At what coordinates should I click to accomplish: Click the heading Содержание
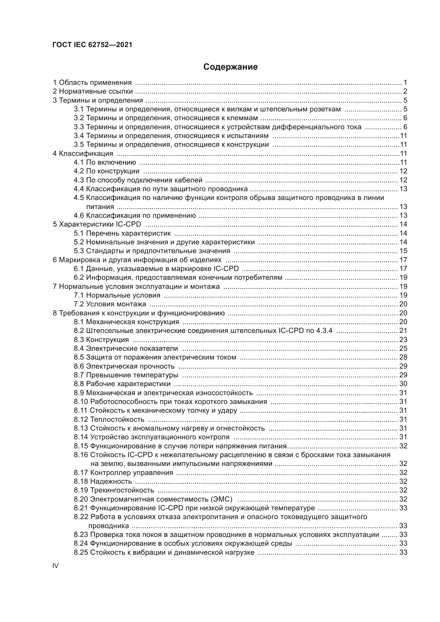pos(230,67)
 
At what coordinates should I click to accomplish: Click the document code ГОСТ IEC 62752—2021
pos(92,45)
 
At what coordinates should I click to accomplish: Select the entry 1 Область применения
pos(92,83)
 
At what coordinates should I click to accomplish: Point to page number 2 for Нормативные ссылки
pos(405,91)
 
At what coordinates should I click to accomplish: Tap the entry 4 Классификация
pos(83,154)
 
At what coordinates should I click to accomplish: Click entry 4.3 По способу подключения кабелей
pos(138,180)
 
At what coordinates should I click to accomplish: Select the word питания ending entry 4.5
pos(100,207)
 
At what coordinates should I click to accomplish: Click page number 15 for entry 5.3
pos(403,251)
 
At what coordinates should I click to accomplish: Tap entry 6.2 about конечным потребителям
pos(178,277)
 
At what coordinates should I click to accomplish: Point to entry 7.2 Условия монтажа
pos(110,304)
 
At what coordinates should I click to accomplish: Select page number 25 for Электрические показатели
pos(403,348)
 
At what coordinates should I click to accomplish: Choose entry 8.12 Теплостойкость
pos(109,419)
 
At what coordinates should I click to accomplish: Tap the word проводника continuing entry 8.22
pos(109,526)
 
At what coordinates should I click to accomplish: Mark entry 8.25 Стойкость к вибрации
pos(164,552)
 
